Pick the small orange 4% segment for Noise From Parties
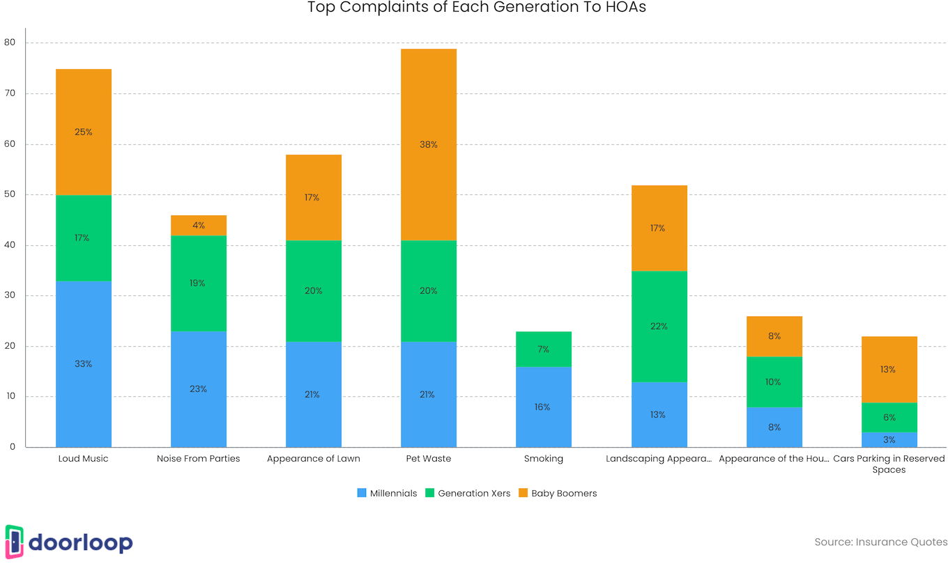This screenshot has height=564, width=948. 199,226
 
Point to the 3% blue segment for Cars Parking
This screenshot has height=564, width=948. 889,440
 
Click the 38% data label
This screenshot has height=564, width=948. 429,145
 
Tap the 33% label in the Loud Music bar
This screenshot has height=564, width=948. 84,364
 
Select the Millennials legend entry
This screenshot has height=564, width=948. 387,493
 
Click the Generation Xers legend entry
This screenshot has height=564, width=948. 468,493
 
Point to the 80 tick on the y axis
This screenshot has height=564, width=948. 10,42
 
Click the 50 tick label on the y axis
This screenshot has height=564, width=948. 10,194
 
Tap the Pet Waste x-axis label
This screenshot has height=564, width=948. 429,459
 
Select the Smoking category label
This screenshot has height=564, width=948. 544,459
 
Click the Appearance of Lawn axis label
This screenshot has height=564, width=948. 314,459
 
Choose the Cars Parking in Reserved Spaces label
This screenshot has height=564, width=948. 889,464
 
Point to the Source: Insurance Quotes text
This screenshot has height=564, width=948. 881,542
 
